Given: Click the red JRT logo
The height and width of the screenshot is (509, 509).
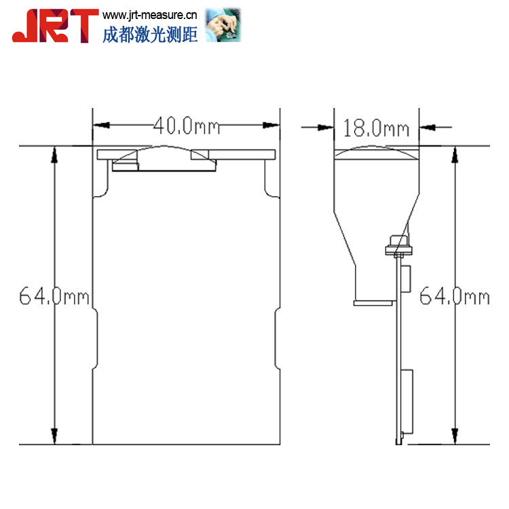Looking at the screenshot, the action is tap(55, 26).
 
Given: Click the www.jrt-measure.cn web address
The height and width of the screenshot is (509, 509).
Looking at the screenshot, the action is tap(150, 15).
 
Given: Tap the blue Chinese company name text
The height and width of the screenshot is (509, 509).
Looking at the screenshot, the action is tap(150, 35).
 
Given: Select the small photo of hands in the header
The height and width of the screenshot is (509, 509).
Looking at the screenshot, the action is tap(223, 25).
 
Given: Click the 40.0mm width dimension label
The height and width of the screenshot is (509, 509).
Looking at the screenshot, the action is tap(187, 126).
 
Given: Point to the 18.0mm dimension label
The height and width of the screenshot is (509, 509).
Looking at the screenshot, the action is tap(376, 128).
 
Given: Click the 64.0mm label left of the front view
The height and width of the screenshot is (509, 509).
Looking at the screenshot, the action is tap(54, 296).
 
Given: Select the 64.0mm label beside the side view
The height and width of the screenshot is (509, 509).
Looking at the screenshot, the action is tap(455, 296).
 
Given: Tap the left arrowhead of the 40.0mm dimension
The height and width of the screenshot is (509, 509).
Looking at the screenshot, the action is tap(101, 125).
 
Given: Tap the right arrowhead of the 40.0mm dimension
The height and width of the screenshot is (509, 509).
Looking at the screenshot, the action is tap(271, 125).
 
